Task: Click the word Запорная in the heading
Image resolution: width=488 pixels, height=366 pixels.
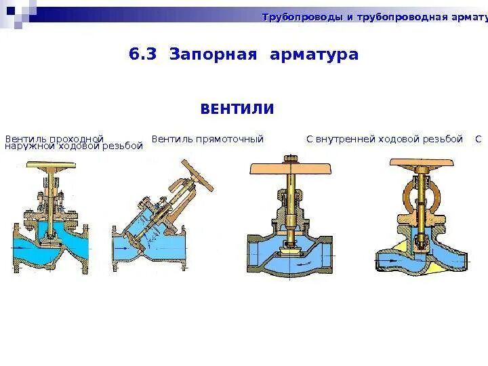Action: [213, 54]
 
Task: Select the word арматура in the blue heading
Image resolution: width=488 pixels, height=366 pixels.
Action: [314, 54]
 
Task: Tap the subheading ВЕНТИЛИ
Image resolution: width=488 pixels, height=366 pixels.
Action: [237, 109]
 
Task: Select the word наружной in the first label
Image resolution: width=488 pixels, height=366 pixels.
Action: [33, 146]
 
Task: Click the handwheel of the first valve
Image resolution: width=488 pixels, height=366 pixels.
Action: [53, 165]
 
